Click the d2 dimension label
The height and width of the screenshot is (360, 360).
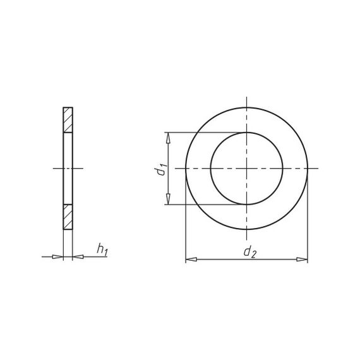click(249, 252)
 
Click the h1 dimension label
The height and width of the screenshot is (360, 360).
click(102, 249)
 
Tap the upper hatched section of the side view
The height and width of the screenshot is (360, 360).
click(68, 120)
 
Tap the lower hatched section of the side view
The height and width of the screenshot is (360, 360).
click(68, 217)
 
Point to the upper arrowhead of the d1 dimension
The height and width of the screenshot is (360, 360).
click(168, 138)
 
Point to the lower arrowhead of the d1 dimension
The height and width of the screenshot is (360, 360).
click(168, 198)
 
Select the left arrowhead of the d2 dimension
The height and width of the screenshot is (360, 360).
click(191, 260)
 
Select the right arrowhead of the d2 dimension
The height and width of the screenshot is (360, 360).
click(302, 260)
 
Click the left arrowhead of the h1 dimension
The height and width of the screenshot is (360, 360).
click(57, 256)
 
